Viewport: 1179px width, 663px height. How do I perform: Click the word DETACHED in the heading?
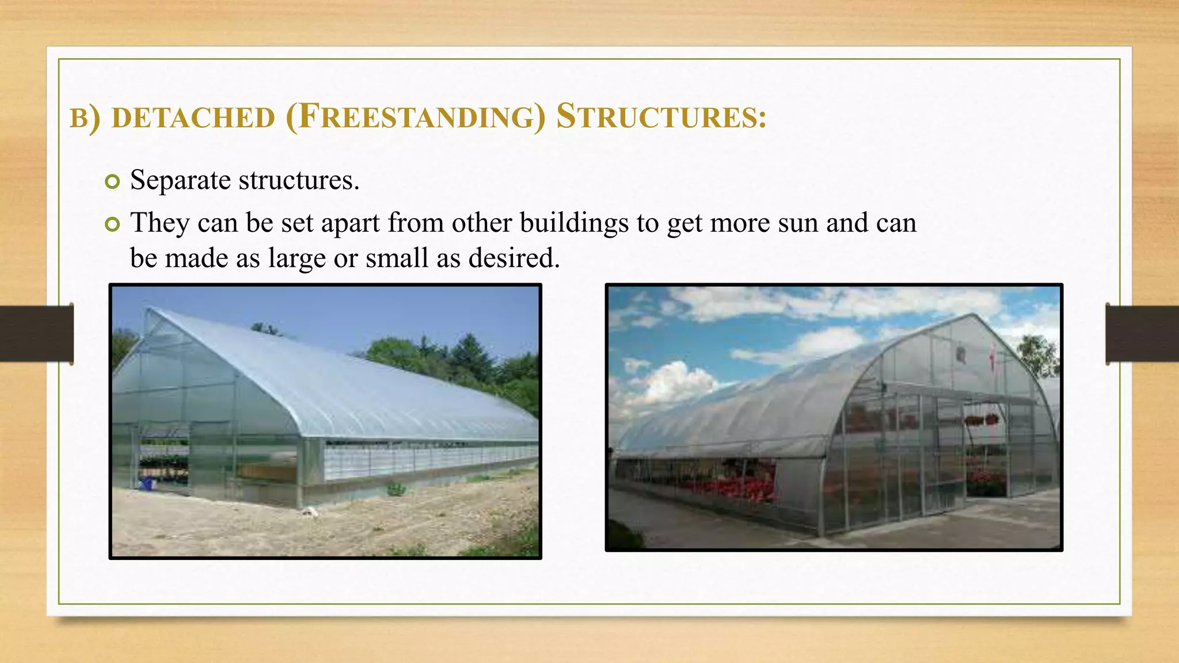point(193,118)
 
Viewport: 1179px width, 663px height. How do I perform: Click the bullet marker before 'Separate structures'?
point(112,182)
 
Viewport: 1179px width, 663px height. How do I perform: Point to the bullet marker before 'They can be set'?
point(112,224)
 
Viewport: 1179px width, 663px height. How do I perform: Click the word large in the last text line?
point(296,258)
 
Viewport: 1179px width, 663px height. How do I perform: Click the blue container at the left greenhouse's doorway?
point(147,483)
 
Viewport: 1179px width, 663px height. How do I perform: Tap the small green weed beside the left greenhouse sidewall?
point(396,489)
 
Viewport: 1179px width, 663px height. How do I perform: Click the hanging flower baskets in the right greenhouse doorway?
point(981,420)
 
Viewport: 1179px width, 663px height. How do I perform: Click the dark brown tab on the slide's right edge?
point(1142,334)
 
